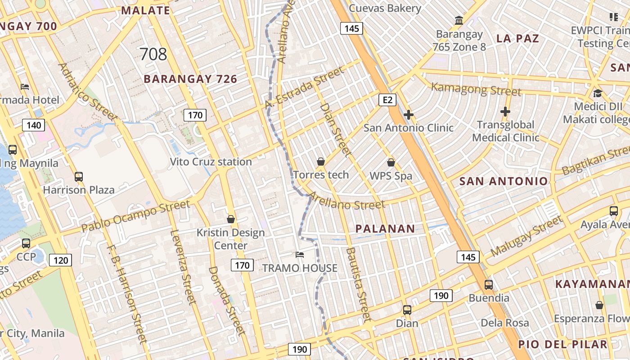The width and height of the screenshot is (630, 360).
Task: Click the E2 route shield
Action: pyautogui.click(x=387, y=99)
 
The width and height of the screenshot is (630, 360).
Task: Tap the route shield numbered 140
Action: pyautogui.click(x=34, y=125)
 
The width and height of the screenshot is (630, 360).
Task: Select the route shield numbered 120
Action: pyautogui.click(x=60, y=260)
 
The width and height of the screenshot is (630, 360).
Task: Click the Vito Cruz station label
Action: pyautogui.click(x=211, y=162)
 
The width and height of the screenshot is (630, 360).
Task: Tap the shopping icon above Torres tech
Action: pyautogui.click(x=321, y=161)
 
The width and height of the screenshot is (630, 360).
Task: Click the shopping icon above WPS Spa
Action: pyautogui.click(x=391, y=162)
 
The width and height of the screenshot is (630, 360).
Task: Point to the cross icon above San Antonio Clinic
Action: pyautogui.click(x=409, y=115)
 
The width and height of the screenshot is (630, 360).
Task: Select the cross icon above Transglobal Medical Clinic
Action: pyautogui.click(x=505, y=111)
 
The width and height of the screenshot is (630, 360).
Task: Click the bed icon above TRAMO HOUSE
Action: pyautogui.click(x=300, y=255)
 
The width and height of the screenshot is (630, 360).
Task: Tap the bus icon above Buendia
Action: pyautogui.click(x=489, y=284)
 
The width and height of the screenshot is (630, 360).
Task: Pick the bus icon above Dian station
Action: pyautogui.click(x=407, y=310)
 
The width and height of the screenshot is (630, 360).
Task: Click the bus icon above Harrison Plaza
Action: pyautogui.click(x=79, y=176)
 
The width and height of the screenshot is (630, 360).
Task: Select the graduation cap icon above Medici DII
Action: pyautogui.click(x=598, y=93)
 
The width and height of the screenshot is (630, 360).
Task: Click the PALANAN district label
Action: pyautogui.click(x=385, y=229)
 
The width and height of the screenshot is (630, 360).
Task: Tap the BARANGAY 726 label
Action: pyautogui.click(x=190, y=79)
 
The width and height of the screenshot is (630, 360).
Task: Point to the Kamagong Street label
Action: pyautogui.click(x=476, y=89)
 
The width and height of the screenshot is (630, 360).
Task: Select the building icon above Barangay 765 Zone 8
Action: pyautogui.click(x=459, y=20)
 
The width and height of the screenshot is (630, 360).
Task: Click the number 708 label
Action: pyautogui.click(x=153, y=54)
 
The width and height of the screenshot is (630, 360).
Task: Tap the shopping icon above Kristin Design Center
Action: pyautogui.click(x=231, y=219)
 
